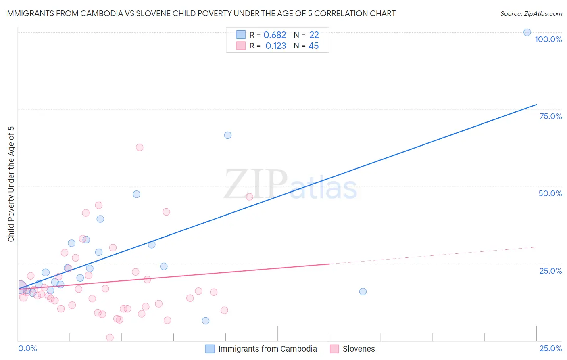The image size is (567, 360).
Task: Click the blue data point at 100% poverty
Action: [x=527, y=32]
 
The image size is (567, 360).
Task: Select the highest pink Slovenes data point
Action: [x=140, y=147]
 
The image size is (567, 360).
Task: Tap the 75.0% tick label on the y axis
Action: [x=550, y=116]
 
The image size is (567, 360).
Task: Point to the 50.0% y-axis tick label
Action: [x=550, y=193]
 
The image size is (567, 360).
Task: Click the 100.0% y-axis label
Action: [x=548, y=39]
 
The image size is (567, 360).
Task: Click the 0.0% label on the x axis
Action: [x=27, y=348]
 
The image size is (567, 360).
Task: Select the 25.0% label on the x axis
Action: [x=550, y=348]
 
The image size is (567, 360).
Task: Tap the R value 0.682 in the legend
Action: [x=275, y=35]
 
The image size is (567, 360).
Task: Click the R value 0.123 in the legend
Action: [x=275, y=46]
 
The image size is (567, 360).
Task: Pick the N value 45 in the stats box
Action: [x=313, y=46]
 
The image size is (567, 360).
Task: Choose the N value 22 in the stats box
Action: [x=314, y=35]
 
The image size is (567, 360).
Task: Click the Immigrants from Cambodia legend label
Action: [x=267, y=349]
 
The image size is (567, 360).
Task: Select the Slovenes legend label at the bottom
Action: [x=359, y=349]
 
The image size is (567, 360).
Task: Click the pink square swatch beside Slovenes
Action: [x=334, y=349]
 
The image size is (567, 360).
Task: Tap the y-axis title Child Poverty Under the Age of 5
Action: [x=11, y=184]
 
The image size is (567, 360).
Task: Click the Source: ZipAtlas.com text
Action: [x=531, y=14]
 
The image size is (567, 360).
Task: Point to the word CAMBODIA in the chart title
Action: [x=100, y=13]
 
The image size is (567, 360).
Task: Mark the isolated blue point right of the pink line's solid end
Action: [x=363, y=291]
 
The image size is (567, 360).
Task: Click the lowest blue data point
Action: [x=206, y=321]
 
